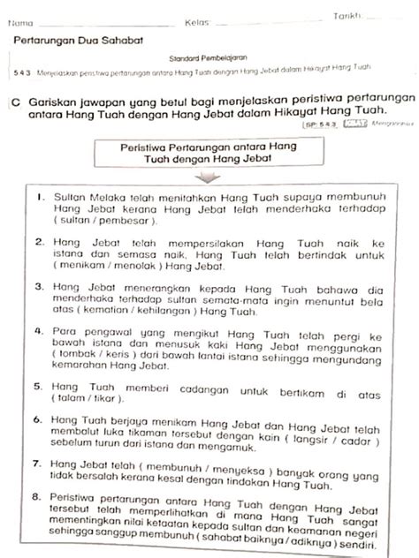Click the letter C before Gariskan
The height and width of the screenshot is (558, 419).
[x=16, y=102]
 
